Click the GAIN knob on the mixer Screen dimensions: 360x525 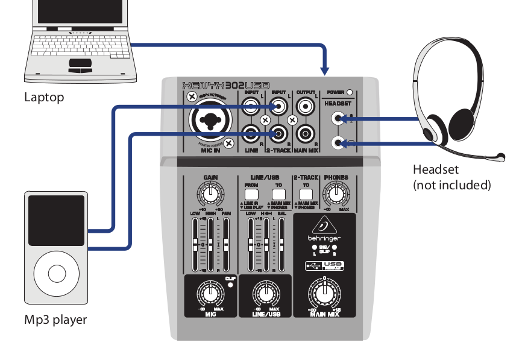(210, 194)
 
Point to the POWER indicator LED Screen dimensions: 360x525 (349, 93)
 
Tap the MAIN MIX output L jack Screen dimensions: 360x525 (306, 109)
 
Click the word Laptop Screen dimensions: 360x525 (44, 97)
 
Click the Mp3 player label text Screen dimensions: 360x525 (55, 320)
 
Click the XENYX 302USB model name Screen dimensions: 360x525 (225, 86)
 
